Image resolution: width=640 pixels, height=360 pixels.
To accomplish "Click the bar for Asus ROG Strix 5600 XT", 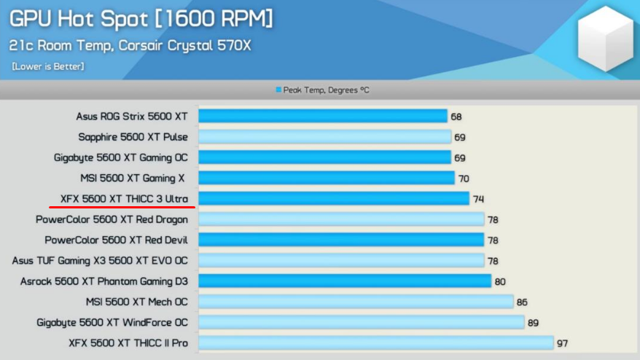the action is (x=323, y=116).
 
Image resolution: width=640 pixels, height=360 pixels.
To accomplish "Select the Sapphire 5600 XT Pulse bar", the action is (x=325, y=137).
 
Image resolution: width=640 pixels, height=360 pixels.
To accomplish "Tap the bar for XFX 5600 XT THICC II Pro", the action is (x=376, y=343).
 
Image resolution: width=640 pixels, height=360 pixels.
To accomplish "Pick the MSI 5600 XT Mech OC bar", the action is (x=356, y=302).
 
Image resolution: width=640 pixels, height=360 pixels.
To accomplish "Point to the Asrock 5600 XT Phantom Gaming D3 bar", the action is (x=345, y=281).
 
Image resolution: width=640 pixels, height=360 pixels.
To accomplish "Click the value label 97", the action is (x=563, y=343).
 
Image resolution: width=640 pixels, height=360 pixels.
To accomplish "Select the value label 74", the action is (x=478, y=199).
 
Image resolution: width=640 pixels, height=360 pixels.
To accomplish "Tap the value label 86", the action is (x=522, y=302).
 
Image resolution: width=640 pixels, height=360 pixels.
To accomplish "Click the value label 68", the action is (x=456, y=117).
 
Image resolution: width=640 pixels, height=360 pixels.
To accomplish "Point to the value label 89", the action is (x=533, y=323).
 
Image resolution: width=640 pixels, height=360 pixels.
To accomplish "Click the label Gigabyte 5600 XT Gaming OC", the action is (x=121, y=158).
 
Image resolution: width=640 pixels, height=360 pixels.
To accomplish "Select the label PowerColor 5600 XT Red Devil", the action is (x=117, y=240).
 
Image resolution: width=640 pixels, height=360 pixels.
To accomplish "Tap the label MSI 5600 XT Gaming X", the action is (x=133, y=179).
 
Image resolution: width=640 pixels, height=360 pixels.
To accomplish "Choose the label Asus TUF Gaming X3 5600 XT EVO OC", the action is (x=100, y=260).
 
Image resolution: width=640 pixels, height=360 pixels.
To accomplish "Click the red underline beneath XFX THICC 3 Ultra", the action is (x=122, y=207).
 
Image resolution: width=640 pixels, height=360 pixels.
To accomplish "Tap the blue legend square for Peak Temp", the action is (x=278, y=90).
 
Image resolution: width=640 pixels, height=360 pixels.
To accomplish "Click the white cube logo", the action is (x=606, y=39).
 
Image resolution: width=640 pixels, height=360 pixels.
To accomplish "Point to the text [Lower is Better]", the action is (x=48, y=66).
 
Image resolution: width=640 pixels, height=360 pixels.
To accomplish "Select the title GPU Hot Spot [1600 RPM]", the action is (x=141, y=19).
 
